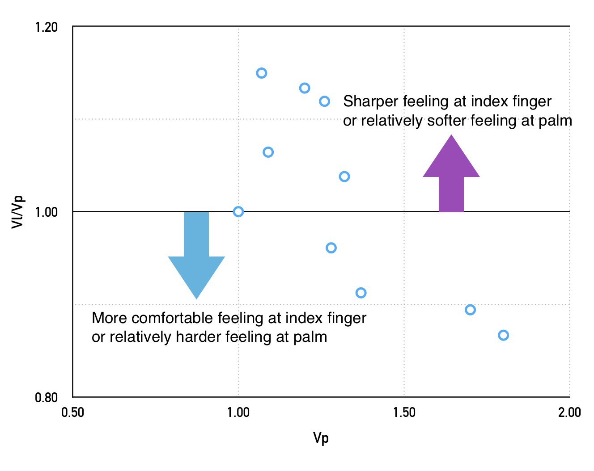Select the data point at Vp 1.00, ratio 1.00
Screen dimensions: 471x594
tap(238, 211)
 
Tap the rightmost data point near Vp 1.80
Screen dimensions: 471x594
tap(503, 335)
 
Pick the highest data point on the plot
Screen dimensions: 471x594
tap(262, 73)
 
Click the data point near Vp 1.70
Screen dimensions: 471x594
tap(470, 310)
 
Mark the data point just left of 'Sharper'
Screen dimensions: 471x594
tap(325, 101)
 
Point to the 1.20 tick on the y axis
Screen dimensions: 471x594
tap(47, 27)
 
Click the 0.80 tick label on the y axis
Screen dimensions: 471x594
tap(47, 397)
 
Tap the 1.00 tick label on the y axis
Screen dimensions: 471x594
tap(47, 212)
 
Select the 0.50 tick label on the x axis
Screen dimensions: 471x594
tap(72, 412)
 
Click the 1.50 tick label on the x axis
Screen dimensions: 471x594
tap(404, 412)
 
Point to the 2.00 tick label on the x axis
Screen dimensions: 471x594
tap(569, 412)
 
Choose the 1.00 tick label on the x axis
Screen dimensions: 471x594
tap(238, 412)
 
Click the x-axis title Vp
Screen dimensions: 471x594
tap(321, 438)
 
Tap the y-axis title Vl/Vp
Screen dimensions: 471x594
tap(17, 212)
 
